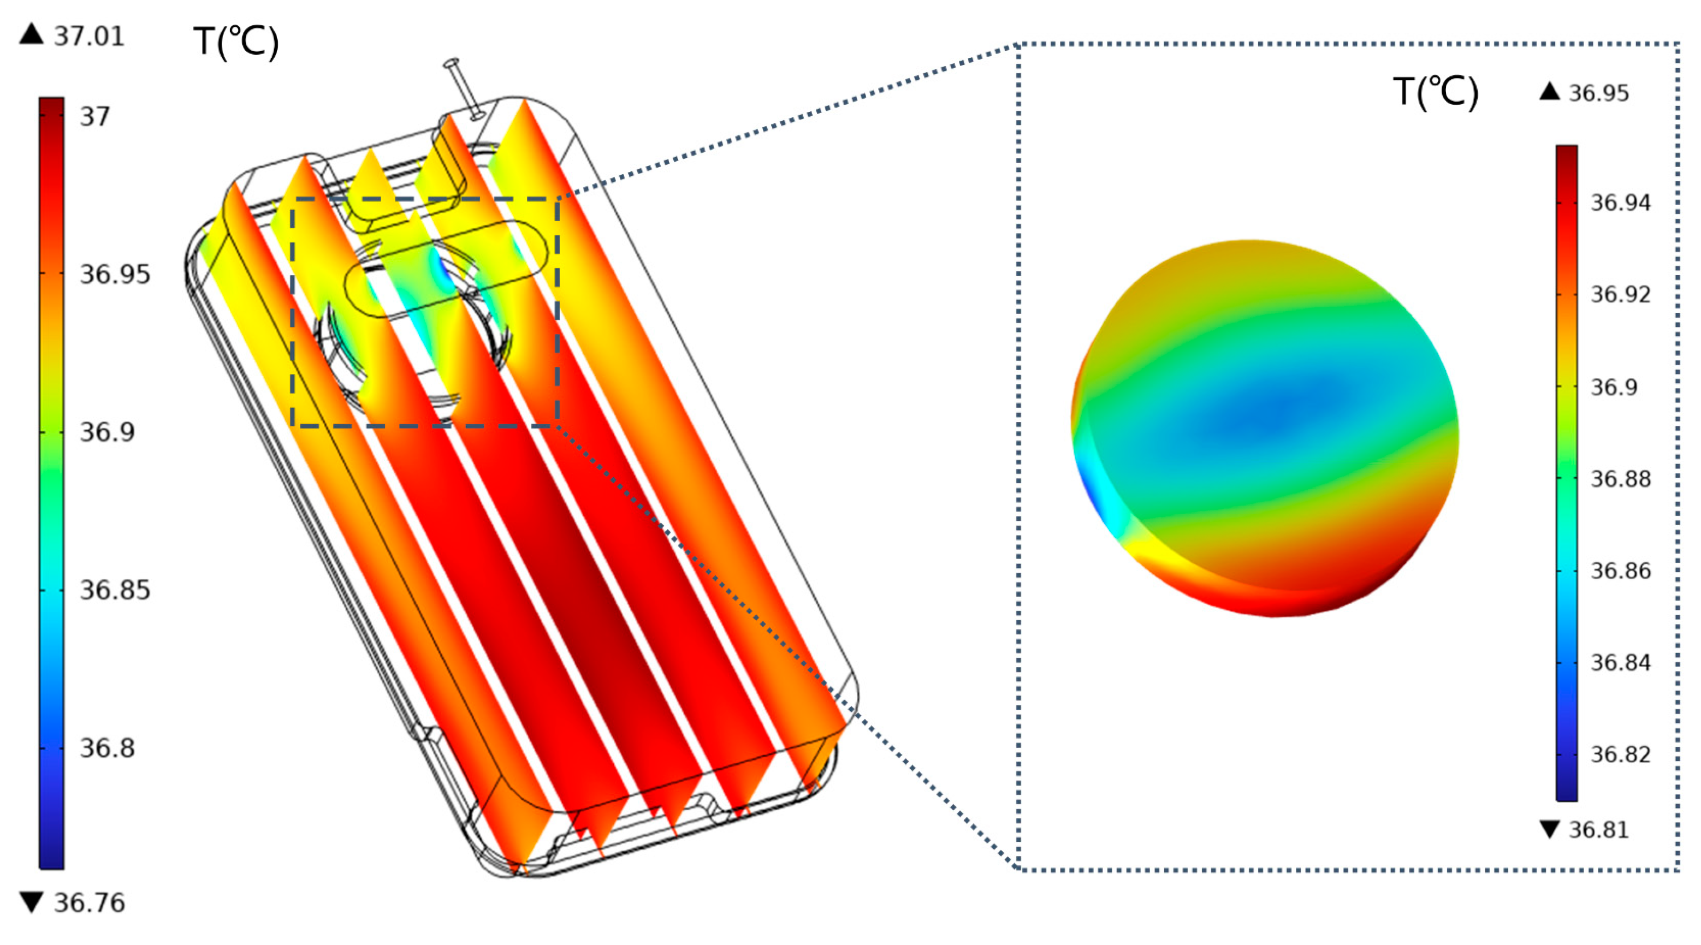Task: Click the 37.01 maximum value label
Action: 89,35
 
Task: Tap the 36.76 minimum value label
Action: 89,903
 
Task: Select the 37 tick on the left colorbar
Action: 94,117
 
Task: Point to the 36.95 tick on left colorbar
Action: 115,274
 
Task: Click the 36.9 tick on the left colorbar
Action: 107,432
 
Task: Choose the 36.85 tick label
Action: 115,590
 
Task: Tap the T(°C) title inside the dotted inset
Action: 1436,92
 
